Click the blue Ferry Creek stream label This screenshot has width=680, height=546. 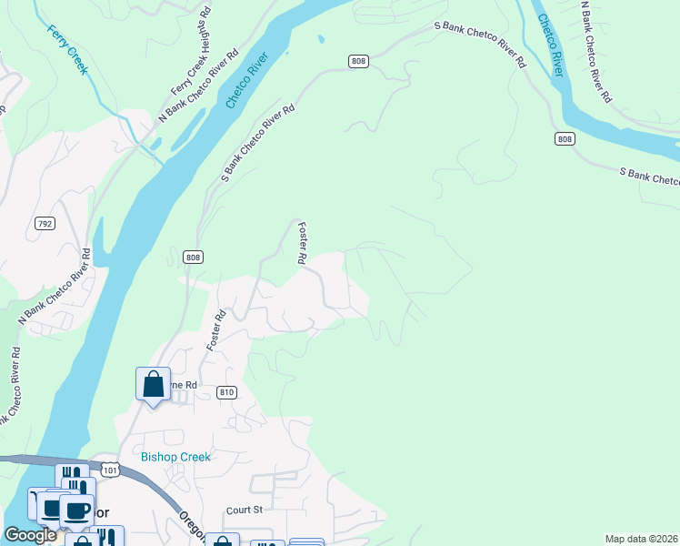coord(67,49)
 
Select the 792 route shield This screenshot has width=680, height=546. coord(43,223)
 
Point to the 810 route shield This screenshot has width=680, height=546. coord(227,392)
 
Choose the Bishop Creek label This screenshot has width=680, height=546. coord(175,457)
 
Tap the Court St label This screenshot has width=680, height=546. coord(245,510)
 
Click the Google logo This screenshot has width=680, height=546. coord(30,536)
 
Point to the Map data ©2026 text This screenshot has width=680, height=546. coord(641,539)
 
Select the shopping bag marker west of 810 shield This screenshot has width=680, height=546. coord(153,385)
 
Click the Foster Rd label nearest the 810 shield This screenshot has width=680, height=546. coord(215,331)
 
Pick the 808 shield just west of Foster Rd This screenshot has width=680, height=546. coord(192,258)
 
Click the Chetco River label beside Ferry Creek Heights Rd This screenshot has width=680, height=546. coord(246,82)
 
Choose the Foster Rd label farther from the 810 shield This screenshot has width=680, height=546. coord(301,244)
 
